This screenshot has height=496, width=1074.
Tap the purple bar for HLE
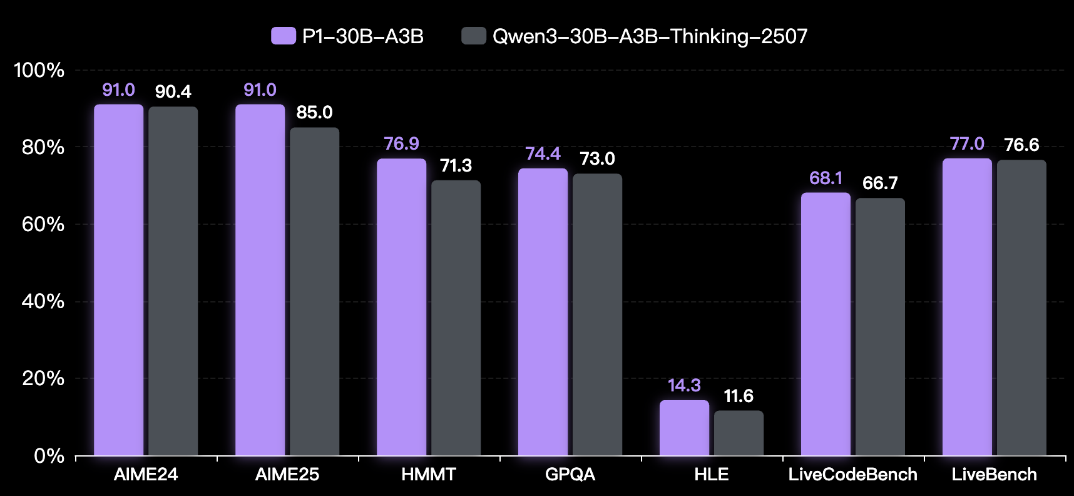[684, 428]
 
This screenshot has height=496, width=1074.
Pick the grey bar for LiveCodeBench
[880, 327]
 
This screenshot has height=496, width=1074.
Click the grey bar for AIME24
[173, 282]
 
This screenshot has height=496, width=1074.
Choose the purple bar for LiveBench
[967, 307]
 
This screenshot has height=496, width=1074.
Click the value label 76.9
[401, 144]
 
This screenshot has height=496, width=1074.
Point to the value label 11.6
[739, 396]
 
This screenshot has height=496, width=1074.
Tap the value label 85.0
[314, 113]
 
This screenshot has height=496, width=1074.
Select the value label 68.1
[826, 178]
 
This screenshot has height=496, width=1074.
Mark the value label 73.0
[597, 159]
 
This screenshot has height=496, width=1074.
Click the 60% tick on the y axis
[43, 224]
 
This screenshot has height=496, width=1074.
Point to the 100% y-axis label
[39, 70]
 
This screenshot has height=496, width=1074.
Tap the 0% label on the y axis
[49, 456]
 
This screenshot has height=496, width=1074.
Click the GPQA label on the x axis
[570, 475]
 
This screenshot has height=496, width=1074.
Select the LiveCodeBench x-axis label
[852, 475]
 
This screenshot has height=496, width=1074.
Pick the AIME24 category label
[146, 475]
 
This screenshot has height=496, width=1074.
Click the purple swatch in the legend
[283, 36]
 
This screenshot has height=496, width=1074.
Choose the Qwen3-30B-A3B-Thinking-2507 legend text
[650, 36]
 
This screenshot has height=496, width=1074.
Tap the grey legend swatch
[473, 36]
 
